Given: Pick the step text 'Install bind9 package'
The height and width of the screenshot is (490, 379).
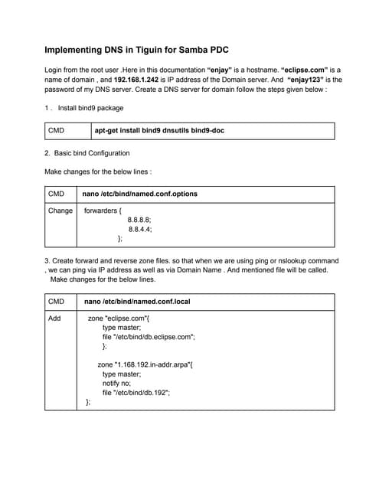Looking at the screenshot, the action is point(90,108).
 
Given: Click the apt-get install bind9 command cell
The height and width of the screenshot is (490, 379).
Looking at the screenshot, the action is point(154,131).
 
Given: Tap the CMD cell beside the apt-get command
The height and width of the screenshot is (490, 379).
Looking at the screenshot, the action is point(56,131).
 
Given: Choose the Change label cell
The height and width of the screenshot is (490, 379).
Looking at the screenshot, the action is point(60,211).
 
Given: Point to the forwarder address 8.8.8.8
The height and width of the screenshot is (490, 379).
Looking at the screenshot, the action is point(139,220).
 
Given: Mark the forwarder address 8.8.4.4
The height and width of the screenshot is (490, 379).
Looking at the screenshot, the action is point(139,229).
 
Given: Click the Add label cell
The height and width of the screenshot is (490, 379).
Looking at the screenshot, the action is point(54,318).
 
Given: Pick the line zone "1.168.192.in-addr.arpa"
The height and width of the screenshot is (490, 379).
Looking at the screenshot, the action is point(145,364).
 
